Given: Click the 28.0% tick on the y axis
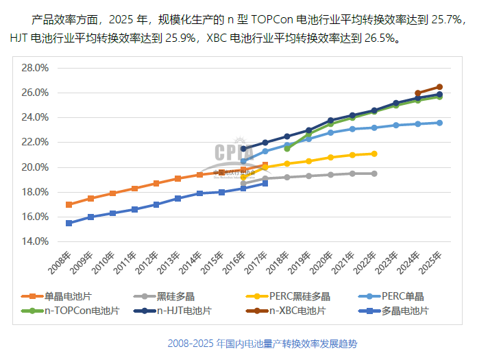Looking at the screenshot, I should tap(35, 68).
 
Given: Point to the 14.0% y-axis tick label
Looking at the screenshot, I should tap(35, 241).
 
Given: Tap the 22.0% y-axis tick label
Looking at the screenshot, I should tap(35, 142).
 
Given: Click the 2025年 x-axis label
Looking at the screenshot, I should tap(434, 263).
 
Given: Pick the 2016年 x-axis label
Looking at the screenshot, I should tap(238, 263).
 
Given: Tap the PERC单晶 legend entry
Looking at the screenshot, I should tap(402, 296).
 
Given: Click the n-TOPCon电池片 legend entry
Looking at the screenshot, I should tap(77, 311).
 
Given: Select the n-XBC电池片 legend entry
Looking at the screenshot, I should tap(297, 311).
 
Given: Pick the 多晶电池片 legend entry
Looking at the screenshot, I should tap(404, 311).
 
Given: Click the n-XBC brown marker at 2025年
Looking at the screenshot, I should tap(439, 87).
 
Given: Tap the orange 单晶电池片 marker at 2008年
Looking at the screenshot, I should tap(69, 204).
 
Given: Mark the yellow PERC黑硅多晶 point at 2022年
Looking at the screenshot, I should tap(374, 154).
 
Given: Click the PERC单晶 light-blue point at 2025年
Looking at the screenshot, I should tap(439, 123).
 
